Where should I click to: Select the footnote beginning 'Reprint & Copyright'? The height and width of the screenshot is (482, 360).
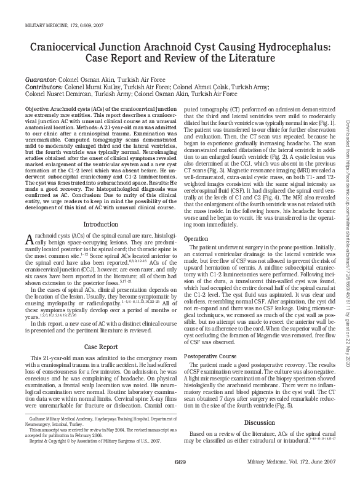coord(92,458)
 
